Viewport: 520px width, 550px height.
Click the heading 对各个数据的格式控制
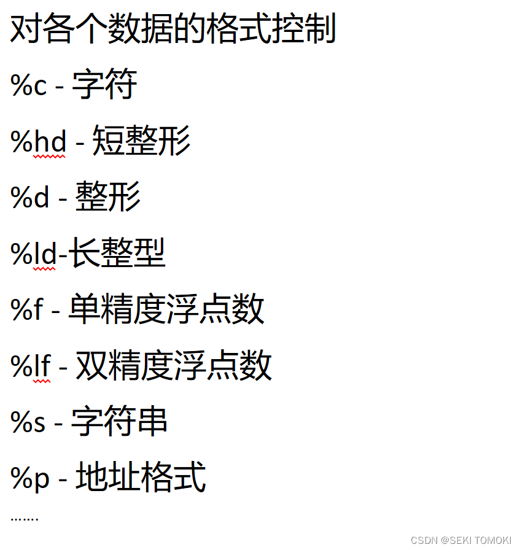173,29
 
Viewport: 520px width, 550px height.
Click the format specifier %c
29,86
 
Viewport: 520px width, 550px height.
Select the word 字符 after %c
104,85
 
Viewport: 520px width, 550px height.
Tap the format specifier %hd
39,142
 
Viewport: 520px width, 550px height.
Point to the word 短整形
141,141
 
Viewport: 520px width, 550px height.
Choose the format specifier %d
30,197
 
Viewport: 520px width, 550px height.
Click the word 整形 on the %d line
108,196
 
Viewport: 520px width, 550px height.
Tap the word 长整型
117,252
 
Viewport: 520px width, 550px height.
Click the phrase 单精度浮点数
166,309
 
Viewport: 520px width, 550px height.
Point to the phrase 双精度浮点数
174,365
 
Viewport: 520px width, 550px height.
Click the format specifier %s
28,422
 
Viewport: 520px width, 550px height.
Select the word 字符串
119,421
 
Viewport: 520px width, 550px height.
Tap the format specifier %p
30,478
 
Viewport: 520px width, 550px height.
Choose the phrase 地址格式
141,477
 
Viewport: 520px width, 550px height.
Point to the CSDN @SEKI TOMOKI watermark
460,540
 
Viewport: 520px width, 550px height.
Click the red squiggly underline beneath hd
49,157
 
